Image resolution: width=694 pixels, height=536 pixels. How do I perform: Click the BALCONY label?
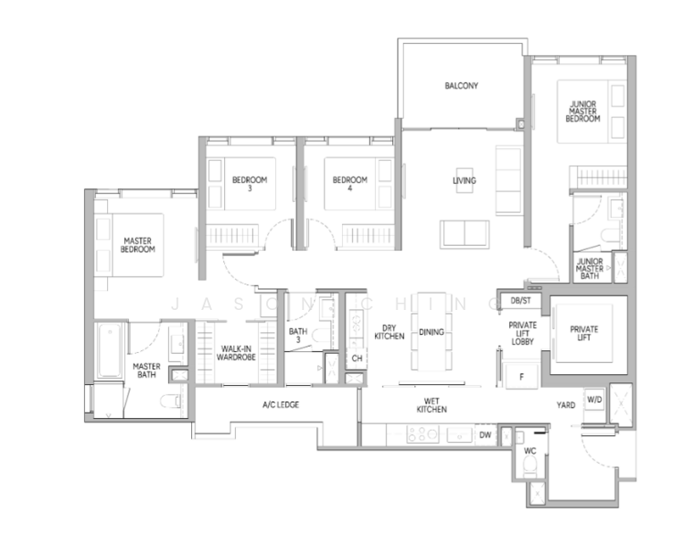[461, 86]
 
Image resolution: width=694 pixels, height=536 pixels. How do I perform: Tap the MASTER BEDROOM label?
[138, 245]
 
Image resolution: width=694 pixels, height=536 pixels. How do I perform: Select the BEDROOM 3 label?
[249, 184]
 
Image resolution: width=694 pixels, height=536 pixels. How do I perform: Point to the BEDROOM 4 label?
[349, 184]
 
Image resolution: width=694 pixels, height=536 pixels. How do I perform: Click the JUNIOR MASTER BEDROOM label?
[583, 112]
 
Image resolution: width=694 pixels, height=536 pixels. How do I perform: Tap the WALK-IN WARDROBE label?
[236, 353]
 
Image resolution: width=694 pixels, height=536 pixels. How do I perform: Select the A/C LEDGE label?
[280, 405]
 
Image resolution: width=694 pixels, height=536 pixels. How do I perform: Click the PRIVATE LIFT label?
[584, 333]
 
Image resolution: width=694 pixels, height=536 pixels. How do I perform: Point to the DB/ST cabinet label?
[521, 301]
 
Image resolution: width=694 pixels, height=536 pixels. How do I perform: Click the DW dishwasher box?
[485, 435]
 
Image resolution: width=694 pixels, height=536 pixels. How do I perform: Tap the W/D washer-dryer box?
[595, 399]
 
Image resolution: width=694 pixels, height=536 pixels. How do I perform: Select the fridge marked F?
[522, 377]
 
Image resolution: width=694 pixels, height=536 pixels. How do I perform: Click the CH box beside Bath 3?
[356, 358]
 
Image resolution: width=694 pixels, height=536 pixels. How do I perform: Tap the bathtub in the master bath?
[109, 350]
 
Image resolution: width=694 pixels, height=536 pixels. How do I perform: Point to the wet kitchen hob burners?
[422, 435]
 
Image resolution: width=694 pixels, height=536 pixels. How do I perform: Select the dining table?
[431, 331]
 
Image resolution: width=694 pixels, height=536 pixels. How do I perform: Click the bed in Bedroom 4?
[358, 184]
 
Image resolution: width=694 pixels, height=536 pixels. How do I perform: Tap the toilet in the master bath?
[170, 401]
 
